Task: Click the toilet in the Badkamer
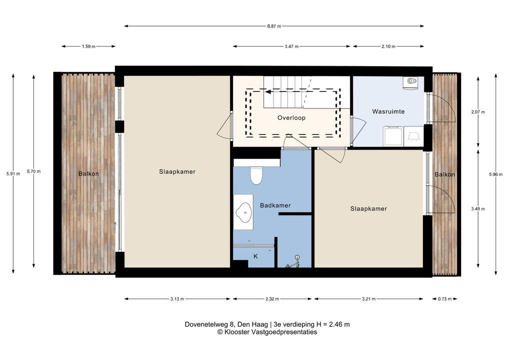point(256,175)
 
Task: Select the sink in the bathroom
point(244,212)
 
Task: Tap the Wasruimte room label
point(388,111)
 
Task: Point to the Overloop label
point(291,118)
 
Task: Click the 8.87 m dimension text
point(274,26)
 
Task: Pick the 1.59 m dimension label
point(88,46)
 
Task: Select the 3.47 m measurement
point(291,46)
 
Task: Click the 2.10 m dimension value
point(388,46)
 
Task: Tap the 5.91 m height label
point(13,173)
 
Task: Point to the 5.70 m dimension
point(34,171)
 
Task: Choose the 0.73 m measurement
point(444,299)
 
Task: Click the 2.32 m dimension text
point(272,299)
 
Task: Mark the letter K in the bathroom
point(255,256)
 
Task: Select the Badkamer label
point(275,205)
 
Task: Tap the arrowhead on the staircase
point(268,92)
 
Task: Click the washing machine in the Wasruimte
point(393,136)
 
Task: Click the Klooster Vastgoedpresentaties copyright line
point(267,332)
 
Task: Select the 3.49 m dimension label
point(477,208)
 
